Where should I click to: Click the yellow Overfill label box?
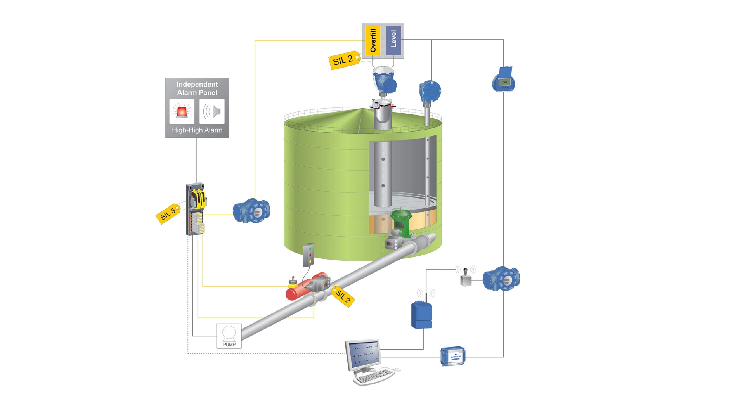[373, 40]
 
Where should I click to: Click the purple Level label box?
[393, 40]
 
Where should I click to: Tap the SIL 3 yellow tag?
[168, 214]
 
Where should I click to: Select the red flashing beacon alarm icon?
[182, 111]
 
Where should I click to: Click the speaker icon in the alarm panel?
[212, 111]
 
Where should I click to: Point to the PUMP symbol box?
[229, 336]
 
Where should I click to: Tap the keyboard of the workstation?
[373, 376]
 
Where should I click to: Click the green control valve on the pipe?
[401, 223]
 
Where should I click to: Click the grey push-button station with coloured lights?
[308, 255]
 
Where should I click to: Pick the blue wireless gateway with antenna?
[422, 314]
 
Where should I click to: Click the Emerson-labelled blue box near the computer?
[453, 356]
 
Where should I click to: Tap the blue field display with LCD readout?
[504, 80]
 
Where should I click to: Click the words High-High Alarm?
[197, 130]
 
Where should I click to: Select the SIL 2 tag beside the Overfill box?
[344, 60]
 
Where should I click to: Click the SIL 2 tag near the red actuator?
[343, 297]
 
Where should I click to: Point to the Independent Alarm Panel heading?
[197, 88]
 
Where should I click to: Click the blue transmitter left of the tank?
[251, 211]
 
